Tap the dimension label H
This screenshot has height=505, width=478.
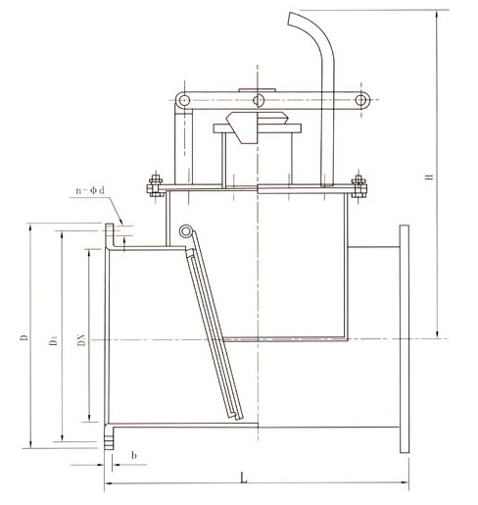pyautogui.click(x=430, y=177)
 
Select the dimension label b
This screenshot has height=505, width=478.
pyautogui.click(x=134, y=455)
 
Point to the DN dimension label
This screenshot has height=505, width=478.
pyautogui.click(x=82, y=340)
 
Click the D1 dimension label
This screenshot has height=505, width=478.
pyautogui.click(x=53, y=340)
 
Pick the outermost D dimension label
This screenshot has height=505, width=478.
pyautogui.click(x=24, y=337)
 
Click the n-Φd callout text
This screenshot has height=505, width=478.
pyautogui.click(x=90, y=190)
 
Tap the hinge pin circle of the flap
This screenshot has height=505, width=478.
pyautogui.click(x=185, y=231)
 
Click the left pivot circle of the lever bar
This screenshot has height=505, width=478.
pyautogui.click(x=184, y=99)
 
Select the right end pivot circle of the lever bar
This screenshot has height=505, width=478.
pyautogui.click(x=360, y=100)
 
